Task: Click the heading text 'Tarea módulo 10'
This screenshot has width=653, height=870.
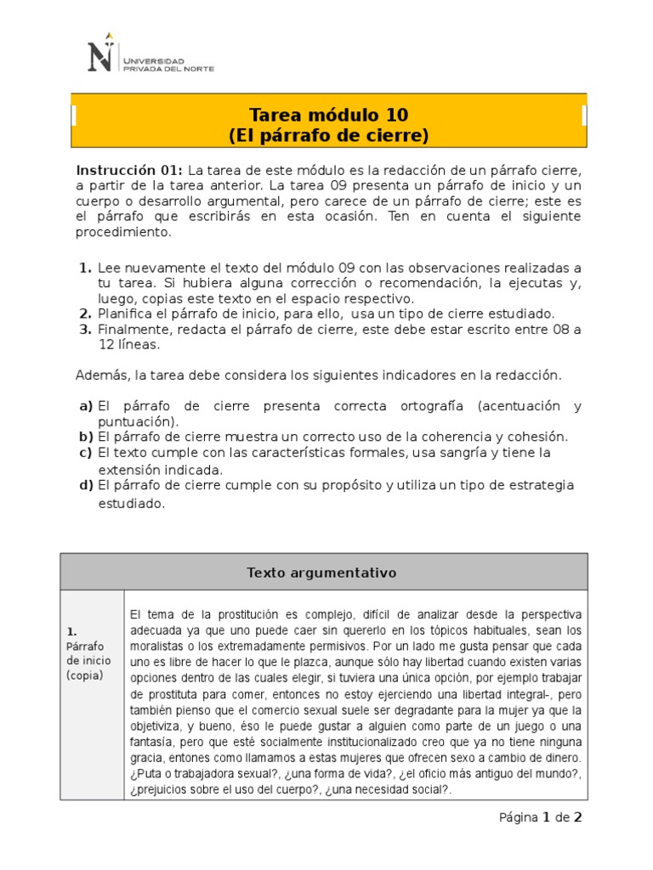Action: (x=328, y=115)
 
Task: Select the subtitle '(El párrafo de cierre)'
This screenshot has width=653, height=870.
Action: (x=328, y=135)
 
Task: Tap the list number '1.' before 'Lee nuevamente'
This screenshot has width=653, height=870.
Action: (x=85, y=267)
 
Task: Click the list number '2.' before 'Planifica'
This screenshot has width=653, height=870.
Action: (x=85, y=314)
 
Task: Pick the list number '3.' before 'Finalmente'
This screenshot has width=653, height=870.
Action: (x=85, y=330)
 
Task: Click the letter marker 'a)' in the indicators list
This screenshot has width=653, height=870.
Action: (x=85, y=406)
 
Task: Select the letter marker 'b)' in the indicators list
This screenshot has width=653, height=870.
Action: (x=85, y=437)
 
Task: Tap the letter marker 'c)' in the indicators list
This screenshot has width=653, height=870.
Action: (x=85, y=453)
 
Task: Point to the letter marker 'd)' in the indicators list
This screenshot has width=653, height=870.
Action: (x=85, y=485)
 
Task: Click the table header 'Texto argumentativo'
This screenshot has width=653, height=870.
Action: (x=322, y=573)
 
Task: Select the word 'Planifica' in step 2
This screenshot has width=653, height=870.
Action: (x=125, y=314)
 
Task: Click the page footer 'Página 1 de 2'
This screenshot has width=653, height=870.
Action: (x=540, y=817)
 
